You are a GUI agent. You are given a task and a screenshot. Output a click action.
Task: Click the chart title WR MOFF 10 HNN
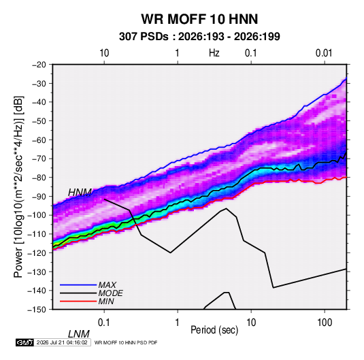tap(199, 19)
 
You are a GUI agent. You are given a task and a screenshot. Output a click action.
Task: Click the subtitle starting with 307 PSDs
tap(199, 37)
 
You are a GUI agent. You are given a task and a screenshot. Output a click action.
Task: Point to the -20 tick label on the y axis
tap(39, 65)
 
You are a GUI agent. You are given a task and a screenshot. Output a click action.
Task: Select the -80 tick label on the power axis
tap(39, 178)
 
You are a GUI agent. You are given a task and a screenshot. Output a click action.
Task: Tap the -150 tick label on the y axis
tap(37, 310)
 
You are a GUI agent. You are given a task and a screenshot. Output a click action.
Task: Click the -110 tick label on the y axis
tap(37, 234)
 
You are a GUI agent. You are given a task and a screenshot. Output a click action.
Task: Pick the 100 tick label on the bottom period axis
tap(325, 323)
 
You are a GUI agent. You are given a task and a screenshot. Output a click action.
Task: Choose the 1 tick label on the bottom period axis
tap(178, 323)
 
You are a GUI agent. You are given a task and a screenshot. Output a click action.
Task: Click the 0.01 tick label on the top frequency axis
tap(324, 53)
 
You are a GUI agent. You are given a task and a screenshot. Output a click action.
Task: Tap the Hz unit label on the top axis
tap(214, 53)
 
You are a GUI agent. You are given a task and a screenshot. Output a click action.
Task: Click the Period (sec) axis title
tap(214, 330)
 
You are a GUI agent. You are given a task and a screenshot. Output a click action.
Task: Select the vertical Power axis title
tap(18, 186)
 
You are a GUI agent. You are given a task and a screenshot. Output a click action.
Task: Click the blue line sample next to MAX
tap(78, 284)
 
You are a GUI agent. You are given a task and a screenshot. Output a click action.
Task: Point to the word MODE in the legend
tap(110, 293)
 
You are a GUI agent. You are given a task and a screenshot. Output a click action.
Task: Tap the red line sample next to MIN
tap(78, 301)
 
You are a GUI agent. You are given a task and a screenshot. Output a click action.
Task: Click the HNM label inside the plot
tap(80, 193)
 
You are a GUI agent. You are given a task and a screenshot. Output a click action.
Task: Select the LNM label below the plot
tap(79, 334)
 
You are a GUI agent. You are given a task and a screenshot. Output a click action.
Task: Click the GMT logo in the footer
tap(25, 342)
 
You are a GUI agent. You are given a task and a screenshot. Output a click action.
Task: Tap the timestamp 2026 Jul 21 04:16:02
tap(62, 342)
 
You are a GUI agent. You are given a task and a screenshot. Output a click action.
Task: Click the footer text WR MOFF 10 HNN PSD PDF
tap(126, 342)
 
